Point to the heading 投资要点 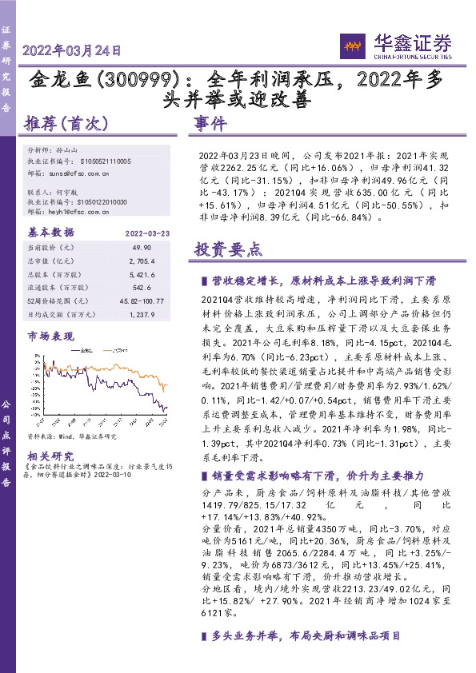227,249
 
